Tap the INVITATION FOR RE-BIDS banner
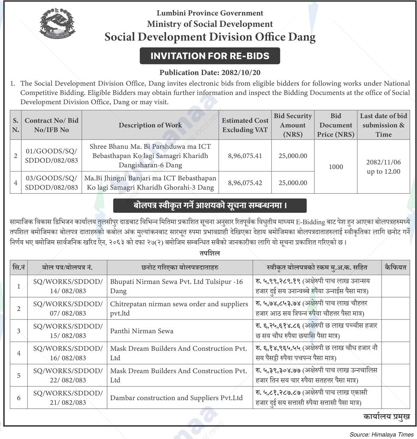pos(210,56)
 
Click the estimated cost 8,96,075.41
pos(245,156)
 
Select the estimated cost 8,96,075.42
pos(245,183)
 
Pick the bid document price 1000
pos(336,167)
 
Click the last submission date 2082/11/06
pos(383,162)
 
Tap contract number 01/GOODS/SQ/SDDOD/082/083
pos(52,156)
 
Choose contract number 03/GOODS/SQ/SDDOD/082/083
pos(52,183)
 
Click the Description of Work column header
pos(150,125)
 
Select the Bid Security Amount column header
pos(293,125)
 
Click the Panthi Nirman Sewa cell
pos(142,331)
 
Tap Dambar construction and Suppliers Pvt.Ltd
pos(177,398)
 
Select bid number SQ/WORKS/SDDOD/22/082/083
pos(68,375)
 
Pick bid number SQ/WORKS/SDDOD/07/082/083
pos(68,308)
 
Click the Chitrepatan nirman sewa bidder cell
pos(179,308)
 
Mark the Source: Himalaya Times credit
pos(381,435)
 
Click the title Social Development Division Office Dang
pos(210,37)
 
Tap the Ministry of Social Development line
pos(210,24)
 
